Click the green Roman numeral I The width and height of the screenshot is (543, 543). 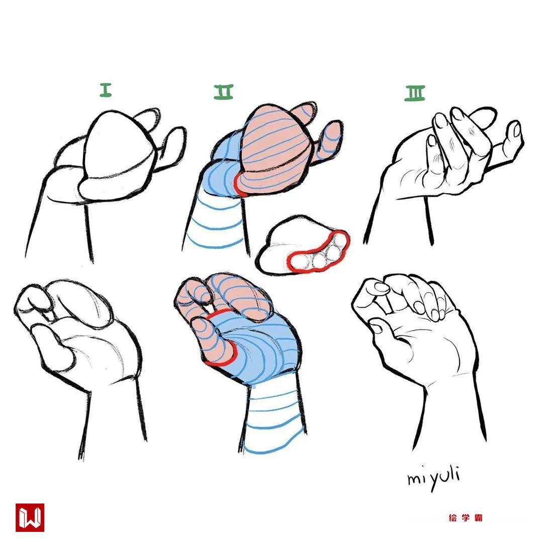click(x=106, y=89)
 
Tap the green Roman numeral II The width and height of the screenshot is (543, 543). click(x=224, y=92)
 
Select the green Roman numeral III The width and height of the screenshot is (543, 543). click(x=415, y=93)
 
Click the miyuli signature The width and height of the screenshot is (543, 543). click(x=433, y=478)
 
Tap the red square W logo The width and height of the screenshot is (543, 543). click(x=30, y=517)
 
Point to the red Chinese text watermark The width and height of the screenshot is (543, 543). click(x=466, y=518)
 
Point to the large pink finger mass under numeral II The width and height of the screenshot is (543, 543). click(x=274, y=149)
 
